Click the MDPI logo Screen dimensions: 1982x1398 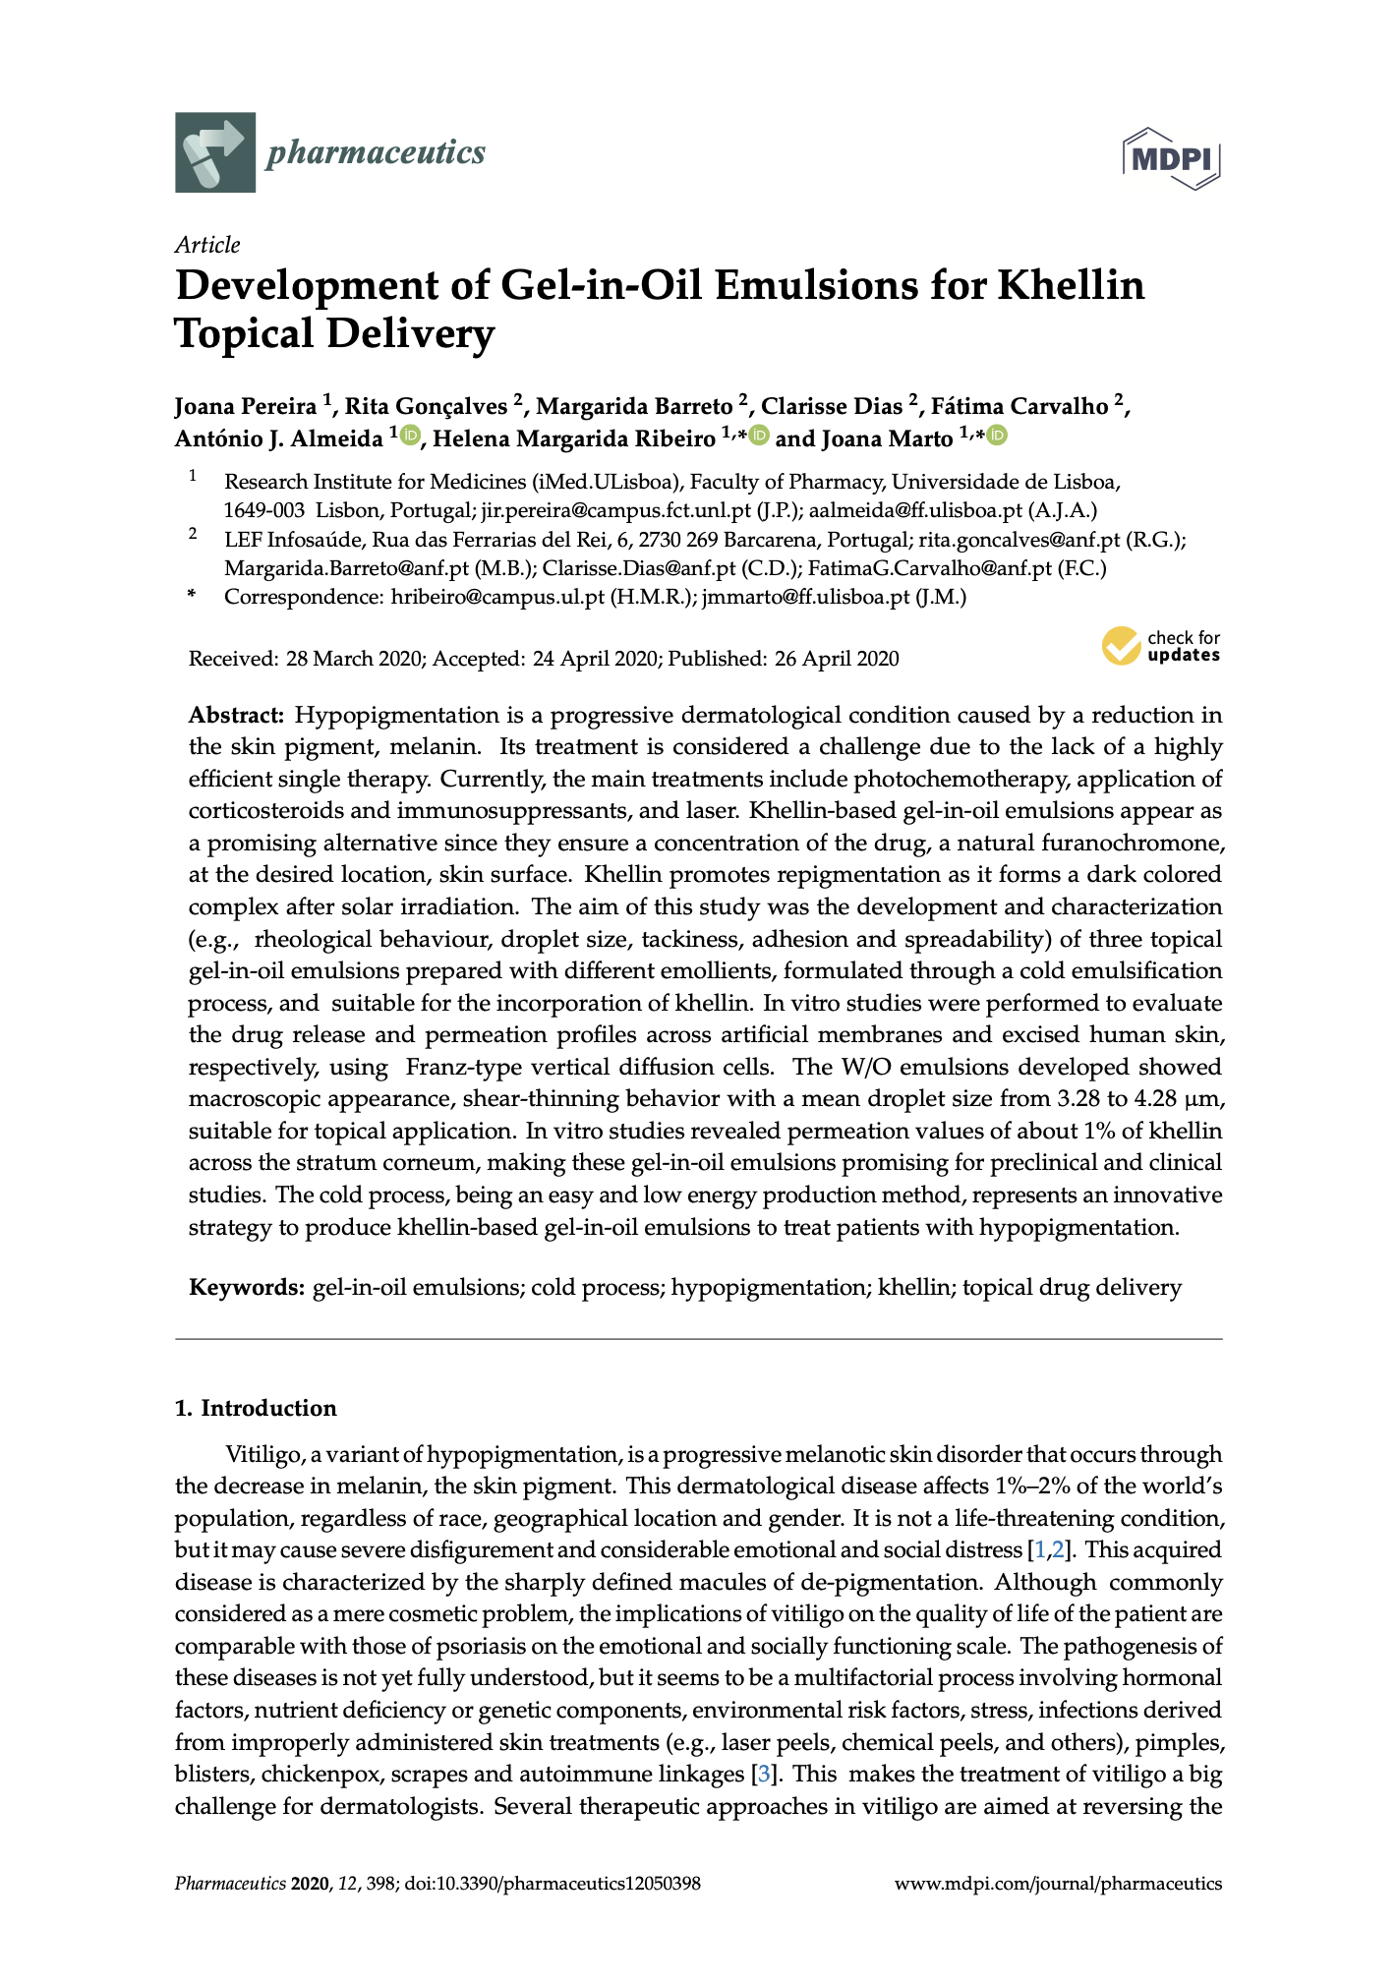pyautogui.click(x=1172, y=157)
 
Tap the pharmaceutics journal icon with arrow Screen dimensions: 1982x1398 pyautogui.click(x=215, y=152)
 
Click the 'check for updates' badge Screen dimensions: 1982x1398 pyautogui.click(x=1161, y=646)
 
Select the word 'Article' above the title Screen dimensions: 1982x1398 pyautogui.click(x=207, y=245)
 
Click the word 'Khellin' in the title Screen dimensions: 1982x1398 pyautogui.click(x=1072, y=286)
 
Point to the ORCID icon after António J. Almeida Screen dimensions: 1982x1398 pyautogui.click(x=410, y=436)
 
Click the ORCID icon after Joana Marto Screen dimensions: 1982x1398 pyautogui.click(x=997, y=436)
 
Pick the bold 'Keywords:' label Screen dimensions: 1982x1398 pyautogui.click(x=247, y=1287)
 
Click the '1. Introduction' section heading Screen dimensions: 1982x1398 pyautogui.click(x=256, y=1408)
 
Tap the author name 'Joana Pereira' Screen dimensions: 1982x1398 pyautogui.click(x=246, y=406)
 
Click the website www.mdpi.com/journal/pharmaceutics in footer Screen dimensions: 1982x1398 pyautogui.click(x=1058, y=1884)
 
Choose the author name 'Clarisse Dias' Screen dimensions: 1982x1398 pyautogui.click(x=832, y=406)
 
